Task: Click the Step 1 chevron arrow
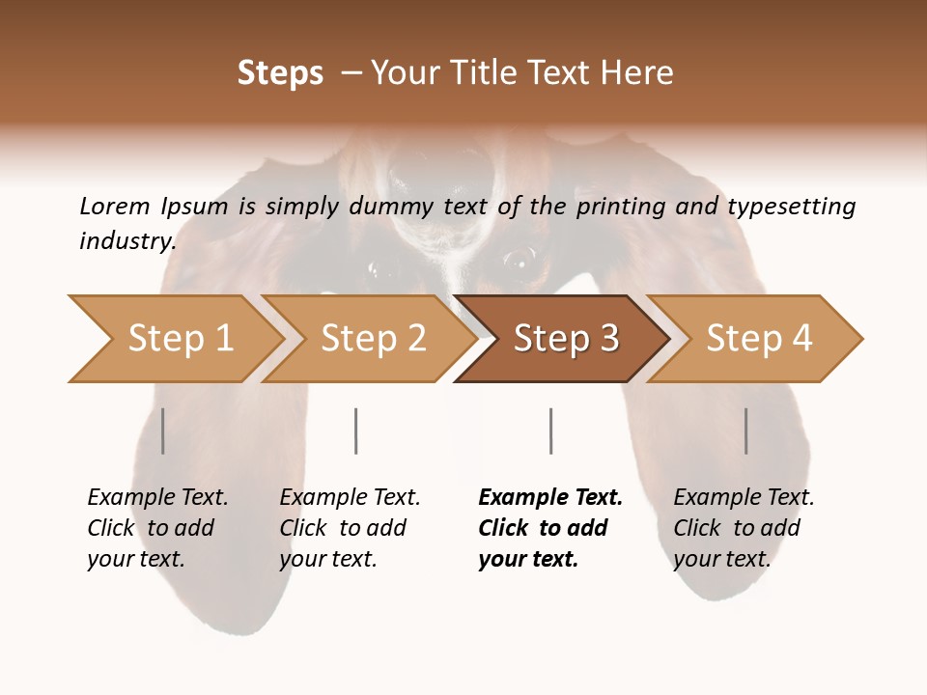[x=179, y=339]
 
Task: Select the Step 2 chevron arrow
[x=372, y=339]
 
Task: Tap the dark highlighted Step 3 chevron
[x=565, y=339]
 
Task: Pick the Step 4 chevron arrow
[x=758, y=339]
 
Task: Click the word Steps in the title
[x=280, y=73]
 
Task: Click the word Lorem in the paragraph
[x=115, y=207]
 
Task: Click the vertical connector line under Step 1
[x=162, y=431]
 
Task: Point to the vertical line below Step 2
[x=356, y=431]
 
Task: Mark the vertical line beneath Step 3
[x=550, y=431]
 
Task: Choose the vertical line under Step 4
[x=745, y=431]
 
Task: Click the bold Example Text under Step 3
[x=550, y=498]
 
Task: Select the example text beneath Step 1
[x=157, y=528]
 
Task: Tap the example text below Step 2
[x=350, y=528]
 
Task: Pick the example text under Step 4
[x=744, y=528]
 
